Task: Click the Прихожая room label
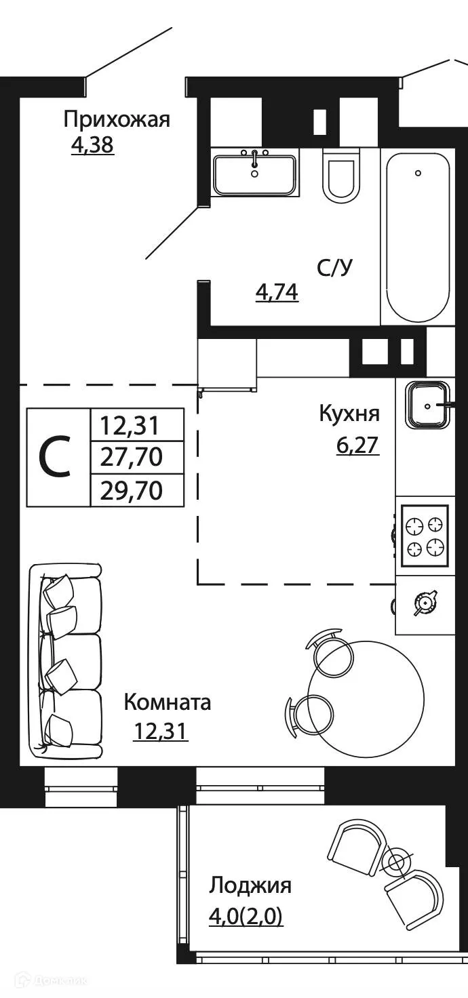pyautogui.click(x=116, y=120)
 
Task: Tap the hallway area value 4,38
pyautogui.click(x=92, y=145)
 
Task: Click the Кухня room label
pyautogui.click(x=349, y=414)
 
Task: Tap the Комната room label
pyautogui.click(x=167, y=702)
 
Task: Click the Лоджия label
pyautogui.click(x=250, y=885)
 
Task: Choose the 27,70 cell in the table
pyautogui.click(x=132, y=458)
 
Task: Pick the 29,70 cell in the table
pyautogui.click(x=132, y=489)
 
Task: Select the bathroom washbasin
pyautogui.click(x=254, y=174)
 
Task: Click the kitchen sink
pyautogui.click(x=427, y=405)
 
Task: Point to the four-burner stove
pyautogui.click(x=425, y=536)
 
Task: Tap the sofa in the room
pyautogui.click(x=66, y=661)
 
